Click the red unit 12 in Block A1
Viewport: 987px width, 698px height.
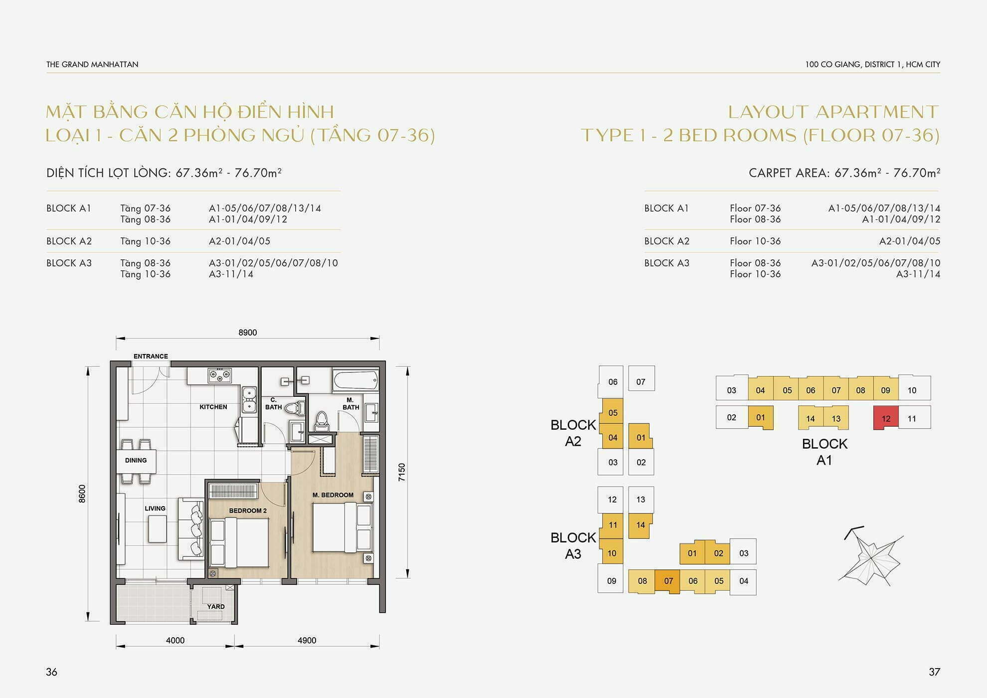pyautogui.click(x=886, y=418)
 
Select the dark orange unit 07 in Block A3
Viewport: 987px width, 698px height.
pyautogui.click(x=667, y=581)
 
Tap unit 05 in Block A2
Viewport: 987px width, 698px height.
pyautogui.click(x=612, y=412)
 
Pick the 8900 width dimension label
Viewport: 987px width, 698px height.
pyautogui.click(x=247, y=333)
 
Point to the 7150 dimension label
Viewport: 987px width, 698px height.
pyautogui.click(x=402, y=472)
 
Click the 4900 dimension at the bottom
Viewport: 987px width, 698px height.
pyautogui.click(x=307, y=640)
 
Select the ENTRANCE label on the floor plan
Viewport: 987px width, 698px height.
pyautogui.click(x=151, y=356)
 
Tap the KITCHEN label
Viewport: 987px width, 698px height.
pyautogui.click(x=213, y=407)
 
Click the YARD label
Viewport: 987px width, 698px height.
pyautogui.click(x=216, y=607)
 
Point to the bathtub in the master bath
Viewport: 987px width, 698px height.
pyautogui.click(x=355, y=381)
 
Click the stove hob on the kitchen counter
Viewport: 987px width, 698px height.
pyautogui.click(x=219, y=375)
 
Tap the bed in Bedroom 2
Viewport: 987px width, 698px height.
pyautogui.click(x=239, y=542)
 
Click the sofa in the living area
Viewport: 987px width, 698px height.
pyautogui.click(x=191, y=528)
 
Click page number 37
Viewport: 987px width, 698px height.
pyautogui.click(x=934, y=672)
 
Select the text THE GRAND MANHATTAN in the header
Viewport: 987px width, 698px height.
pyautogui.click(x=92, y=64)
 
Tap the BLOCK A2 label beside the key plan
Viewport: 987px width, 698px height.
pyautogui.click(x=573, y=433)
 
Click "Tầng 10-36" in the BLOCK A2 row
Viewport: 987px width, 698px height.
pyautogui.click(x=145, y=241)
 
